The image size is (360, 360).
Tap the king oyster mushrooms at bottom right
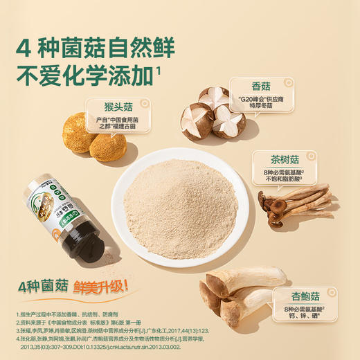235,294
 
